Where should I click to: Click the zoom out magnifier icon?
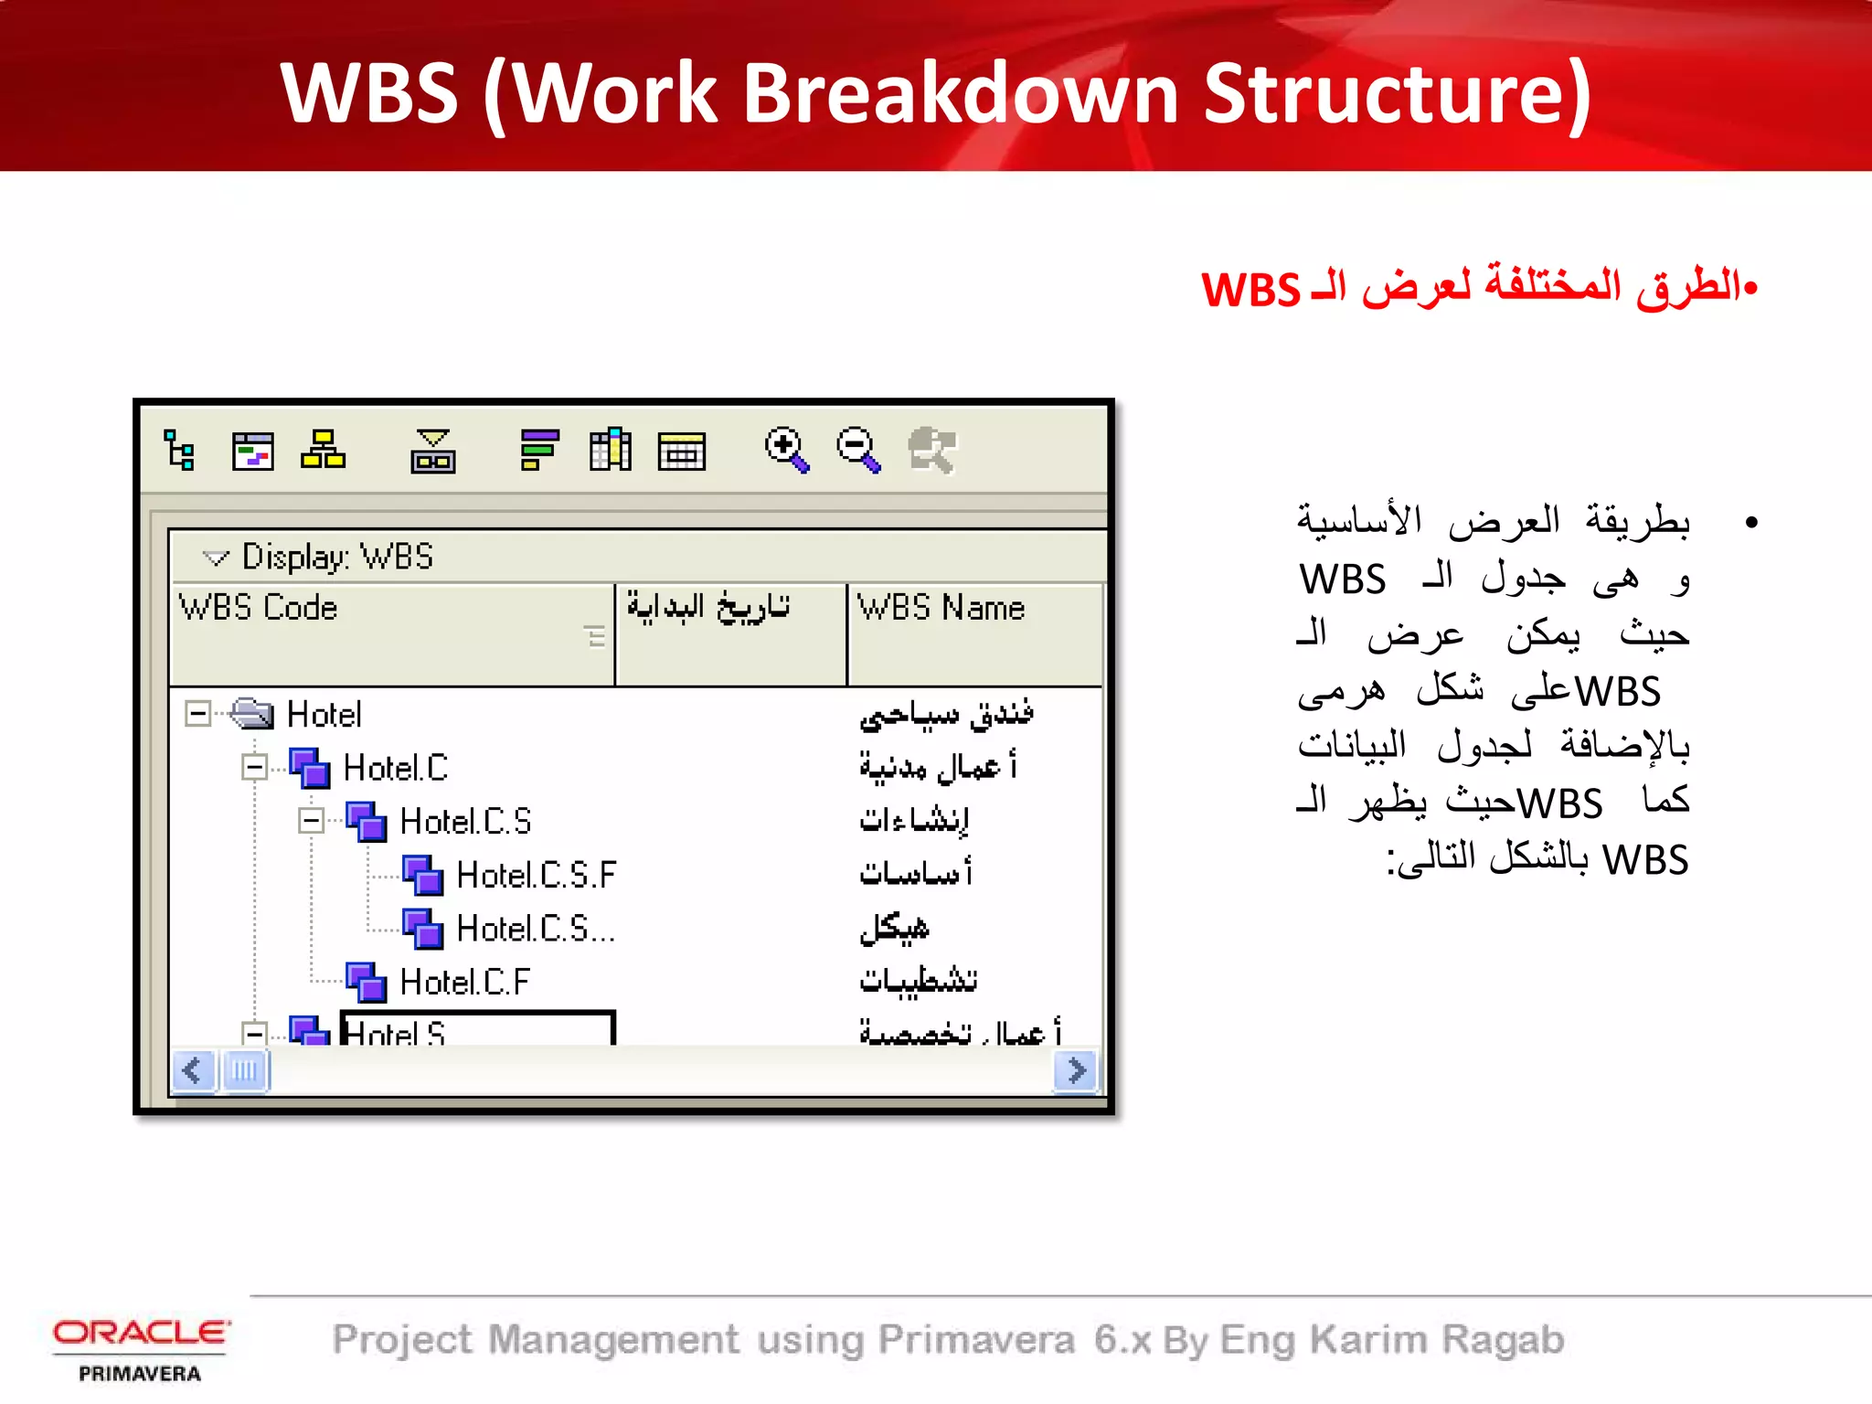pos(857,449)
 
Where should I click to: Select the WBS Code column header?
pos(259,608)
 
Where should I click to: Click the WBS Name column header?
pos(941,608)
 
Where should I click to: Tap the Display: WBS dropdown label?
pos(336,557)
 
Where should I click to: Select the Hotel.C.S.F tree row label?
pos(537,875)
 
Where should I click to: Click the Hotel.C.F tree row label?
pos(464,982)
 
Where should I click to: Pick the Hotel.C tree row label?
pos(395,768)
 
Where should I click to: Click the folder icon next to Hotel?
pos(251,714)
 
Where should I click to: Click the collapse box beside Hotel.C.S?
pos(311,820)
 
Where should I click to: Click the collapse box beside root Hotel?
pos(197,714)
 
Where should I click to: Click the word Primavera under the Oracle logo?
pos(140,1373)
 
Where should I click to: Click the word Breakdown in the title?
pos(960,93)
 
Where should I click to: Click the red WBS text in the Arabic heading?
pos(1250,290)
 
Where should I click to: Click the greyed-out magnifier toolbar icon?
pos(931,449)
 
